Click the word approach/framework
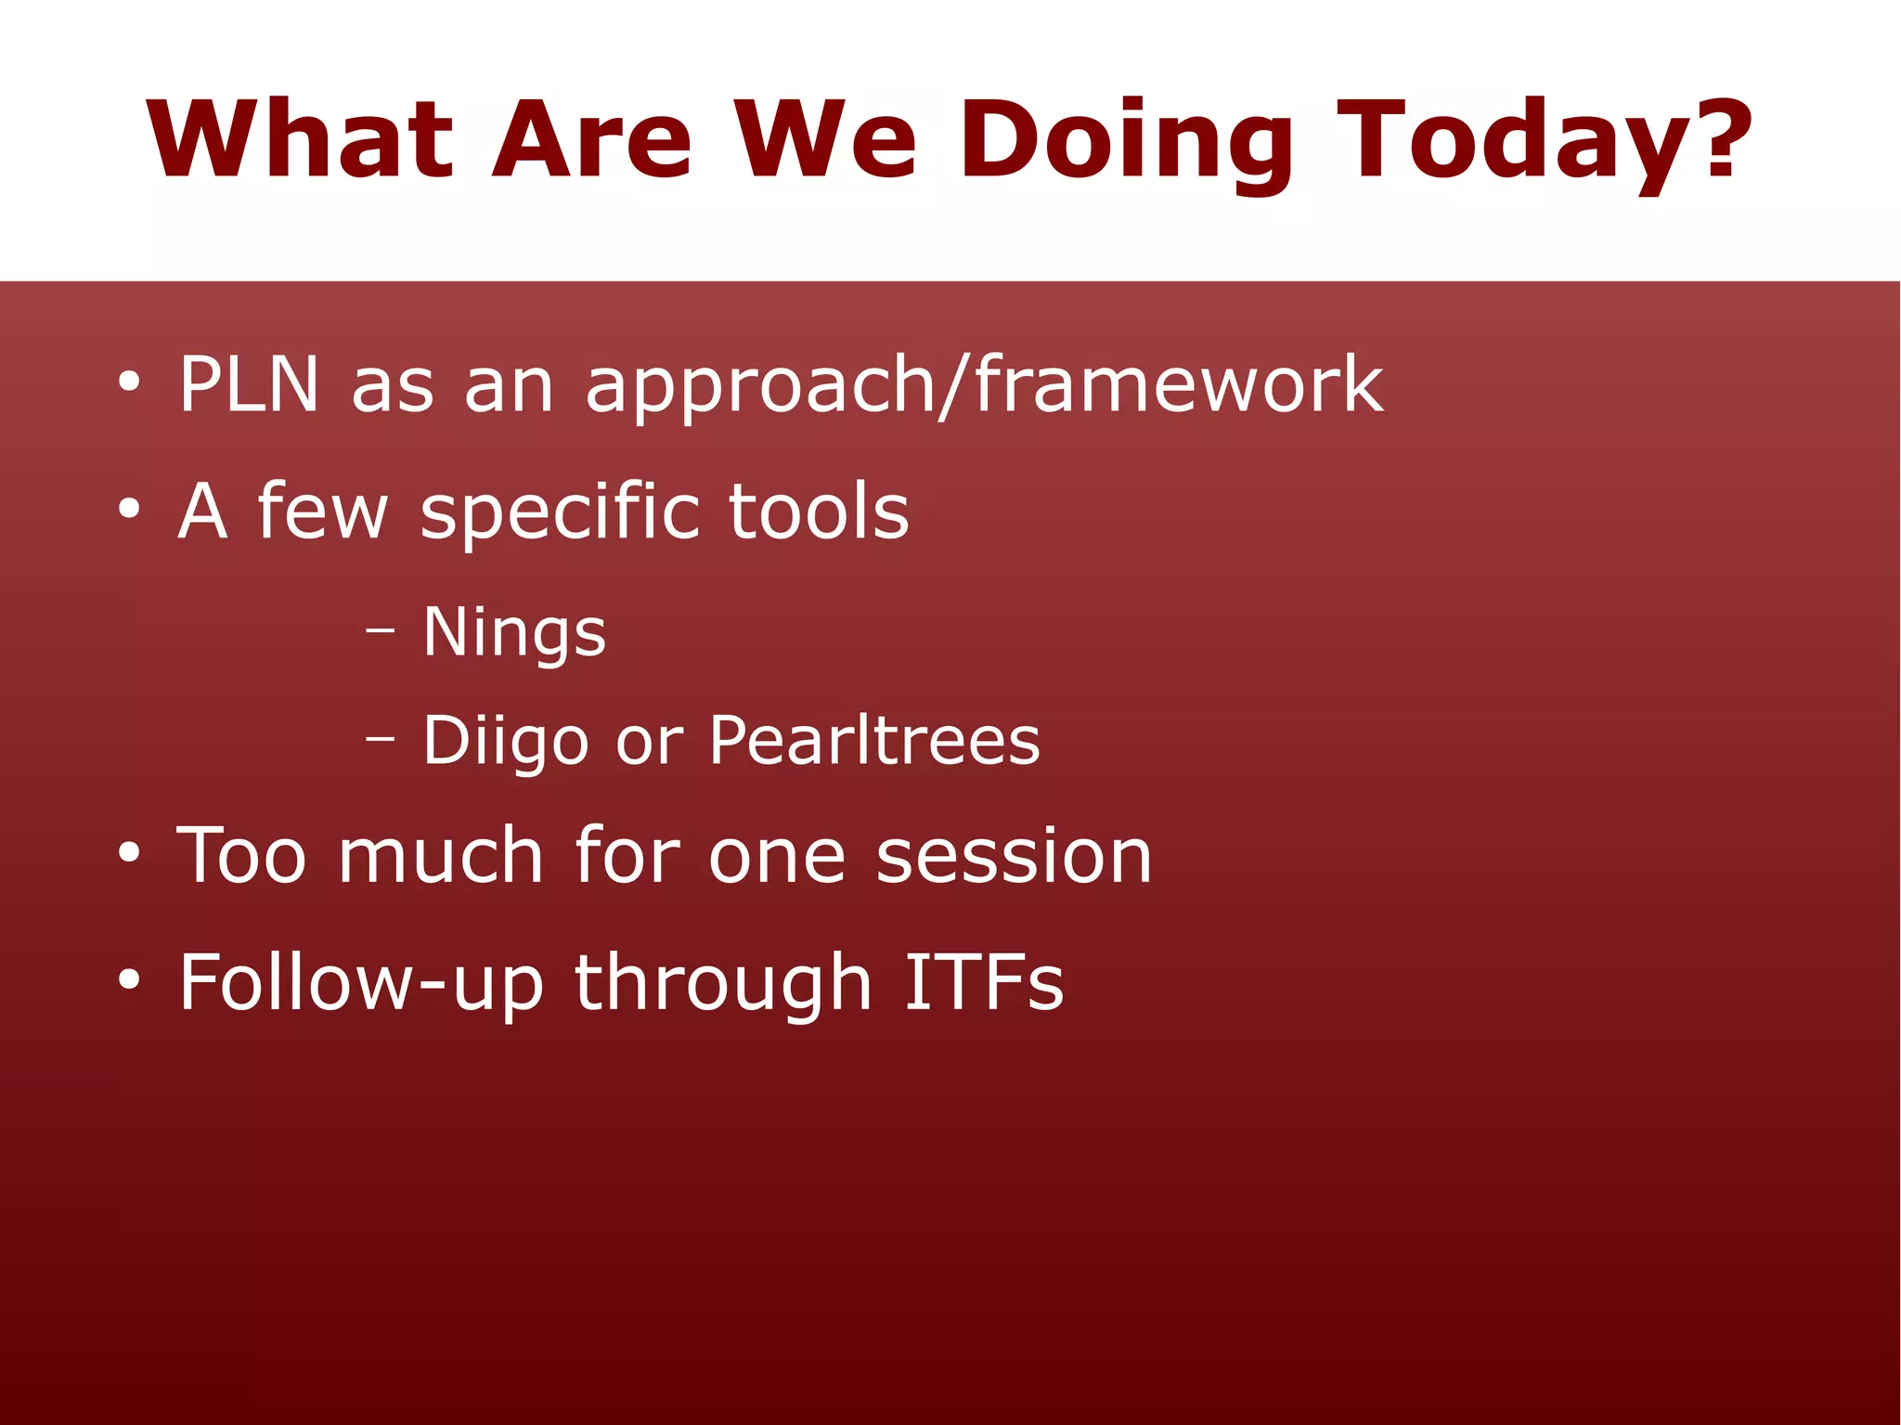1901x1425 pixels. click(x=984, y=386)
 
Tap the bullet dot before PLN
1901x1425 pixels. click(x=129, y=382)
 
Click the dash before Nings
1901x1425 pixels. click(x=380, y=631)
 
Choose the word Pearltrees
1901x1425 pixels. click(x=874, y=741)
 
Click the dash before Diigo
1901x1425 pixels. click(x=380, y=740)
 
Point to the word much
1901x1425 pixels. click(x=440, y=854)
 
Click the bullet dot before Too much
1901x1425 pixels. click(x=129, y=853)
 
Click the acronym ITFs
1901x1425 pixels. click(x=984, y=981)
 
